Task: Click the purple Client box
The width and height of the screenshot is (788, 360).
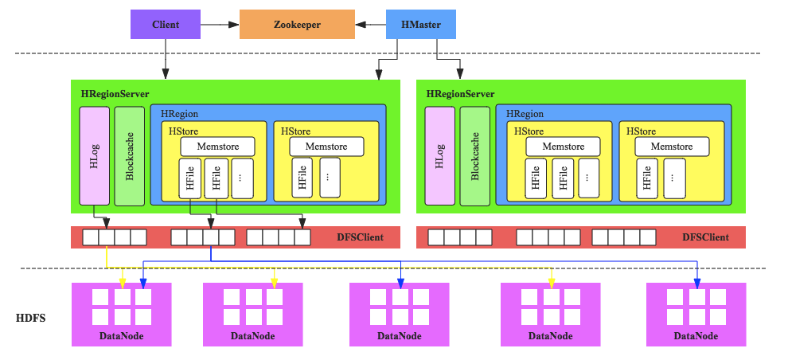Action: click(x=166, y=25)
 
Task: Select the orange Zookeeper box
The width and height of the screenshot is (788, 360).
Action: click(x=297, y=25)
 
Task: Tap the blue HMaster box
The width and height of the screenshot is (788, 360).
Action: click(x=421, y=25)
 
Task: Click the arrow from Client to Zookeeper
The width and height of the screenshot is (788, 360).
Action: click(x=220, y=25)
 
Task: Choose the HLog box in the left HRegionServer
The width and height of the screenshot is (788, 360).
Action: click(x=94, y=155)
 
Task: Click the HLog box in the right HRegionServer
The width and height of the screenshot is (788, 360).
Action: click(x=439, y=155)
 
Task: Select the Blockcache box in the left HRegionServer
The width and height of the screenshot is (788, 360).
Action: click(x=130, y=155)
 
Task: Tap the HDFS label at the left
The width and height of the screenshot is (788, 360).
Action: click(x=31, y=319)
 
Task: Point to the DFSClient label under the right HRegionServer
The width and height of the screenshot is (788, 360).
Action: click(x=705, y=237)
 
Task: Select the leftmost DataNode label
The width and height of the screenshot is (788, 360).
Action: click(x=122, y=336)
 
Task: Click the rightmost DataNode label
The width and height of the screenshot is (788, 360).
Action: click(x=696, y=336)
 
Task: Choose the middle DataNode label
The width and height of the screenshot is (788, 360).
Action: click(x=400, y=336)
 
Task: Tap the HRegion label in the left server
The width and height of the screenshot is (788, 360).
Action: click(x=179, y=115)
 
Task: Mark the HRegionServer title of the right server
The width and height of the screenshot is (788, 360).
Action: click(x=460, y=94)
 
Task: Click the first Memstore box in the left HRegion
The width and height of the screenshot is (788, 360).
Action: click(x=217, y=147)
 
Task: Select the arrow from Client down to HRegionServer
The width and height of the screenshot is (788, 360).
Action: click(x=166, y=60)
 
